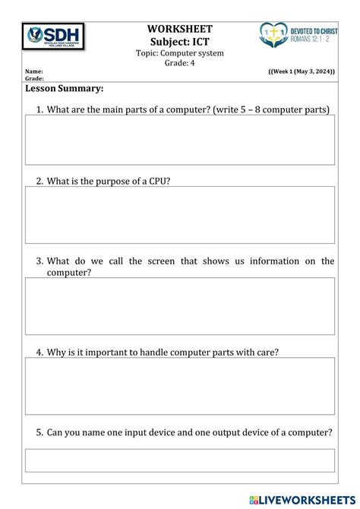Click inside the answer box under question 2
pos(179,215)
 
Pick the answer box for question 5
pos(179,460)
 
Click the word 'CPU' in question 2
pos(153,182)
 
